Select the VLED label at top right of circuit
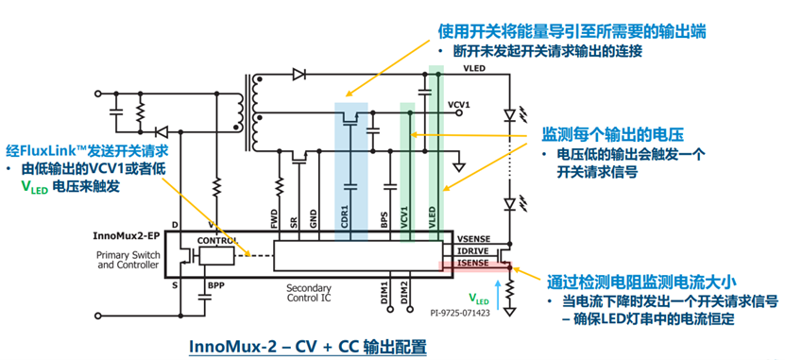[x=472, y=70]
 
